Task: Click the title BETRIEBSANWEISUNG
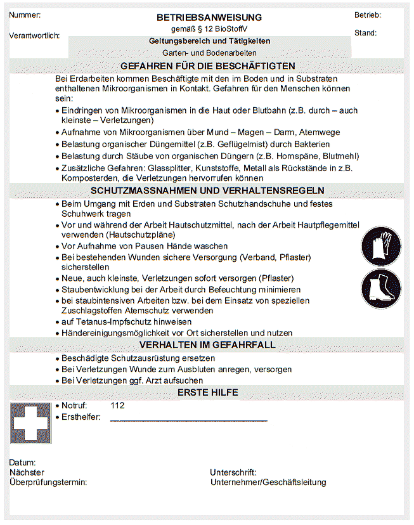[209, 18]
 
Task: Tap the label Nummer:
[25, 15]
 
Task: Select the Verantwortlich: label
[35, 36]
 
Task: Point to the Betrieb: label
[368, 15]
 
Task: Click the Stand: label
[365, 33]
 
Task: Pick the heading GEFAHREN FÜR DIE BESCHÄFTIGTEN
[207, 66]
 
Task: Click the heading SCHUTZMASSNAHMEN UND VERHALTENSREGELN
[207, 190]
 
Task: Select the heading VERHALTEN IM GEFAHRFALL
[207, 345]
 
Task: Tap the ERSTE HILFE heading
[207, 392]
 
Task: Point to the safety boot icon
[381, 288]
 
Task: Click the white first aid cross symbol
[30, 423]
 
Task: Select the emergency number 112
[117, 405]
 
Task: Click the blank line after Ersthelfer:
[188, 418]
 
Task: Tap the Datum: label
[23, 463]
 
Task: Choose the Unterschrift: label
[233, 472]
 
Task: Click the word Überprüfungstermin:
[48, 483]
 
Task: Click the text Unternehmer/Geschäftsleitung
[268, 483]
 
